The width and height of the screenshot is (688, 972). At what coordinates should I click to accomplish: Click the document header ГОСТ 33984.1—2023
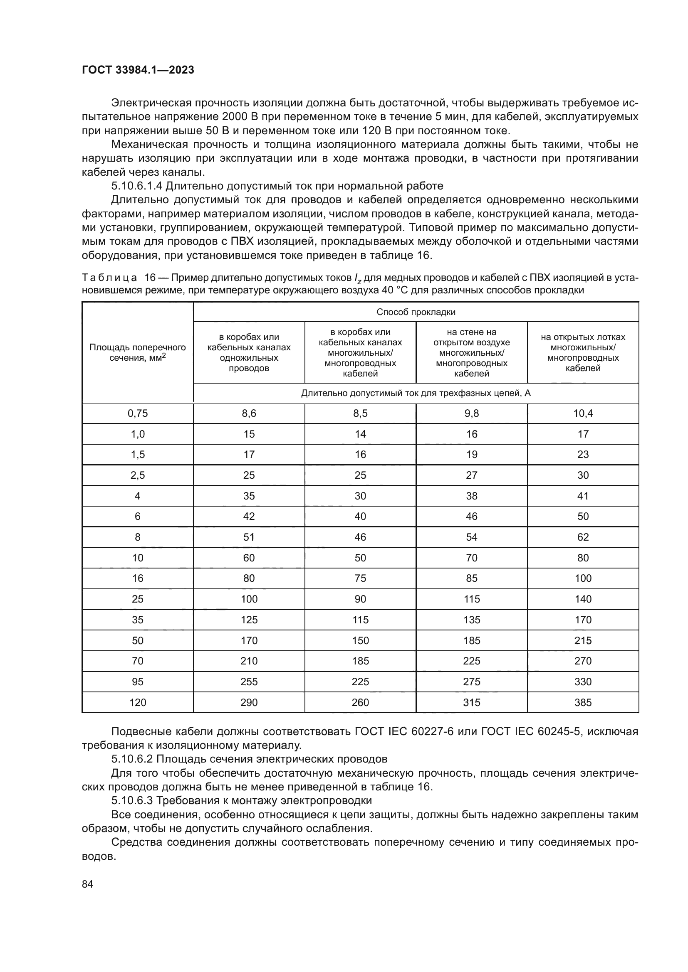[138, 70]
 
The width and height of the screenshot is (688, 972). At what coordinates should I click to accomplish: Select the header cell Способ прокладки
[416, 312]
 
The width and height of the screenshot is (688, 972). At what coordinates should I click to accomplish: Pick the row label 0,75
[138, 413]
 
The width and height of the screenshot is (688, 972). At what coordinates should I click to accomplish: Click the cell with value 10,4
[583, 413]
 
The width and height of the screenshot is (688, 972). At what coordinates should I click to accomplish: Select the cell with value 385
[583, 703]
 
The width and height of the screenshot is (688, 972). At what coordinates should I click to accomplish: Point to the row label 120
[138, 703]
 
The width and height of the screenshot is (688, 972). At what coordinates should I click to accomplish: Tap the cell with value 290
[249, 703]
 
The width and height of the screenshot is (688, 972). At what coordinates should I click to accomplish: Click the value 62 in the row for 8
[583, 537]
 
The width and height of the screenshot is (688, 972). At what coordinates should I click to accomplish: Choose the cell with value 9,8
[472, 413]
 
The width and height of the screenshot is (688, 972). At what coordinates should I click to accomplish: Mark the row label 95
[138, 682]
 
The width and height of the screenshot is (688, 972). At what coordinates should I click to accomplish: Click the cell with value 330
[583, 682]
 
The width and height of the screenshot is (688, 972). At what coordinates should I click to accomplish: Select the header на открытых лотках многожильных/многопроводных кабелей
[583, 352]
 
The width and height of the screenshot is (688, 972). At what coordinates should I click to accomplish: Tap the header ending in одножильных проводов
[249, 352]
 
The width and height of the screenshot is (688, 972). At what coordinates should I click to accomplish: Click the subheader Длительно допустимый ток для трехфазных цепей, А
[416, 393]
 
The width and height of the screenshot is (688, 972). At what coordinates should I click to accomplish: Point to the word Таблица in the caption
[109, 278]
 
